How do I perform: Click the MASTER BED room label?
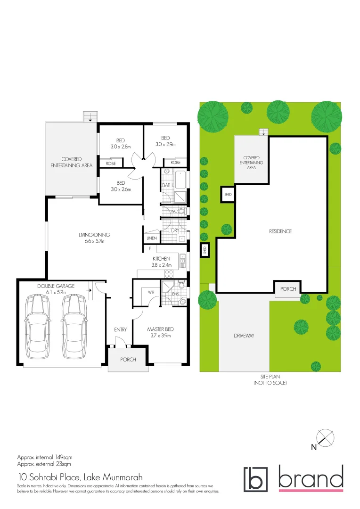pyautogui.click(x=158, y=329)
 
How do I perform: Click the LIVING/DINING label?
pyautogui.click(x=94, y=235)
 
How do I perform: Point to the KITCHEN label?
pyautogui.click(x=161, y=259)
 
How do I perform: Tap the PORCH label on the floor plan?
pyautogui.click(x=128, y=359)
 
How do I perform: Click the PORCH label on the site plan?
pyautogui.click(x=288, y=289)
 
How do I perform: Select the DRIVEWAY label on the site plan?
pyautogui.click(x=244, y=336)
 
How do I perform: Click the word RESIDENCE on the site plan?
pyautogui.click(x=280, y=231)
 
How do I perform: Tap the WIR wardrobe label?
pyautogui.click(x=151, y=292)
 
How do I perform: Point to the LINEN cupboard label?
pyautogui.click(x=151, y=238)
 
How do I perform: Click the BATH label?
pyautogui.click(x=167, y=185)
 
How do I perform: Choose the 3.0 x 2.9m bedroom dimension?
pyautogui.click(x=166, y=145)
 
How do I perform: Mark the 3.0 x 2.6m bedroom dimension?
pyautogui.click(x=121, y=189)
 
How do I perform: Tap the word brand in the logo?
pyautogui.click(x=311, y=478)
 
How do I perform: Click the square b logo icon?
pyautogui.click(x=255, y=479)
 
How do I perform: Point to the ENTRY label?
pyautogui.click(x=120, y=329)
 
